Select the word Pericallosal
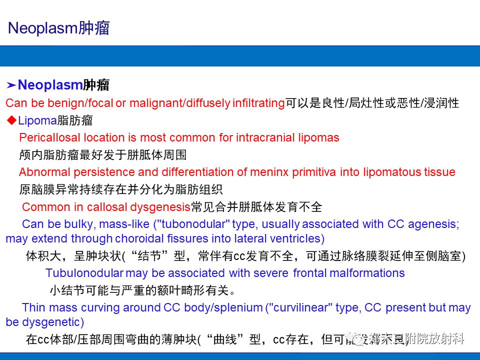[x=50, y=137]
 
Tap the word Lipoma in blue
[x=37, y=120]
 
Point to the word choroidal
[x=142, y=238]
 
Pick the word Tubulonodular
[x=84, y=273]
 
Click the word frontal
[x=311, y=273]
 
